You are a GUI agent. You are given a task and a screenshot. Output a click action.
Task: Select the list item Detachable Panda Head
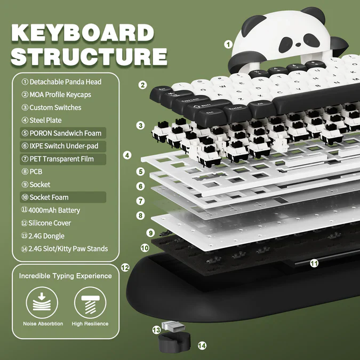65,82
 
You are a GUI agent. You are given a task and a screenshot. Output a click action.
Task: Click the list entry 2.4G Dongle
46,236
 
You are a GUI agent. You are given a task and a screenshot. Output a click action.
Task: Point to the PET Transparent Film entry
61,159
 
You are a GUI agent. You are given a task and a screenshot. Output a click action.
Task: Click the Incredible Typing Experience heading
66,276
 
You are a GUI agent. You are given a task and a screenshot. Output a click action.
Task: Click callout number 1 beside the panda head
228,45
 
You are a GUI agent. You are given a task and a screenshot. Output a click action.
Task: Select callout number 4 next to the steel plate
127,156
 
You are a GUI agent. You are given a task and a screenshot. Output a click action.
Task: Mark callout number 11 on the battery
314,263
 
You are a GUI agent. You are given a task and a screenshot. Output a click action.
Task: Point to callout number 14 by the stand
202,346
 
